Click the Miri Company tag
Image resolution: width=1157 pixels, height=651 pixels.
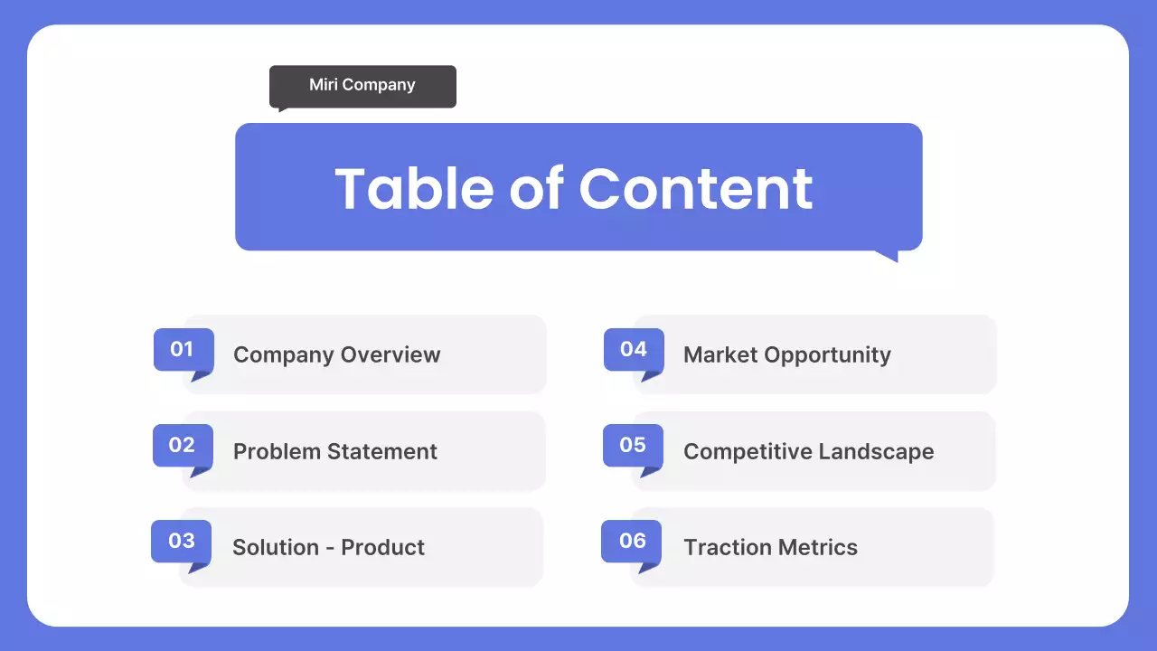coord(362,86)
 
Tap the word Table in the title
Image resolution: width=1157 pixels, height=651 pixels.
coord(415,188)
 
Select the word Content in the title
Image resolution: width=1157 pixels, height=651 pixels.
coord(695,188)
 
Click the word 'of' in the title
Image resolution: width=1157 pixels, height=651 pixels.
coord(537,188)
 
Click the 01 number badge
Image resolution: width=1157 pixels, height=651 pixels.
coord(183,349)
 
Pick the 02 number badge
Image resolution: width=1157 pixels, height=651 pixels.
coord(182,445)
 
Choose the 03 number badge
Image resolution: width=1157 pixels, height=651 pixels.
coord(181,541)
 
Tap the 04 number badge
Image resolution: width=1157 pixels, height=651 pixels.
coord(633,349)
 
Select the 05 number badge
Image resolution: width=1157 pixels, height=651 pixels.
coord(633,445)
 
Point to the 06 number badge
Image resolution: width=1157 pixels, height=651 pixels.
coord(632,541)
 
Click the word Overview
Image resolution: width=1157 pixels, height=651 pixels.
coord(389,354)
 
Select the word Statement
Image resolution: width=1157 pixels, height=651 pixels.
coord(381,451)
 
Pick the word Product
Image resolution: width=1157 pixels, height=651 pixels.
coord(383,547)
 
